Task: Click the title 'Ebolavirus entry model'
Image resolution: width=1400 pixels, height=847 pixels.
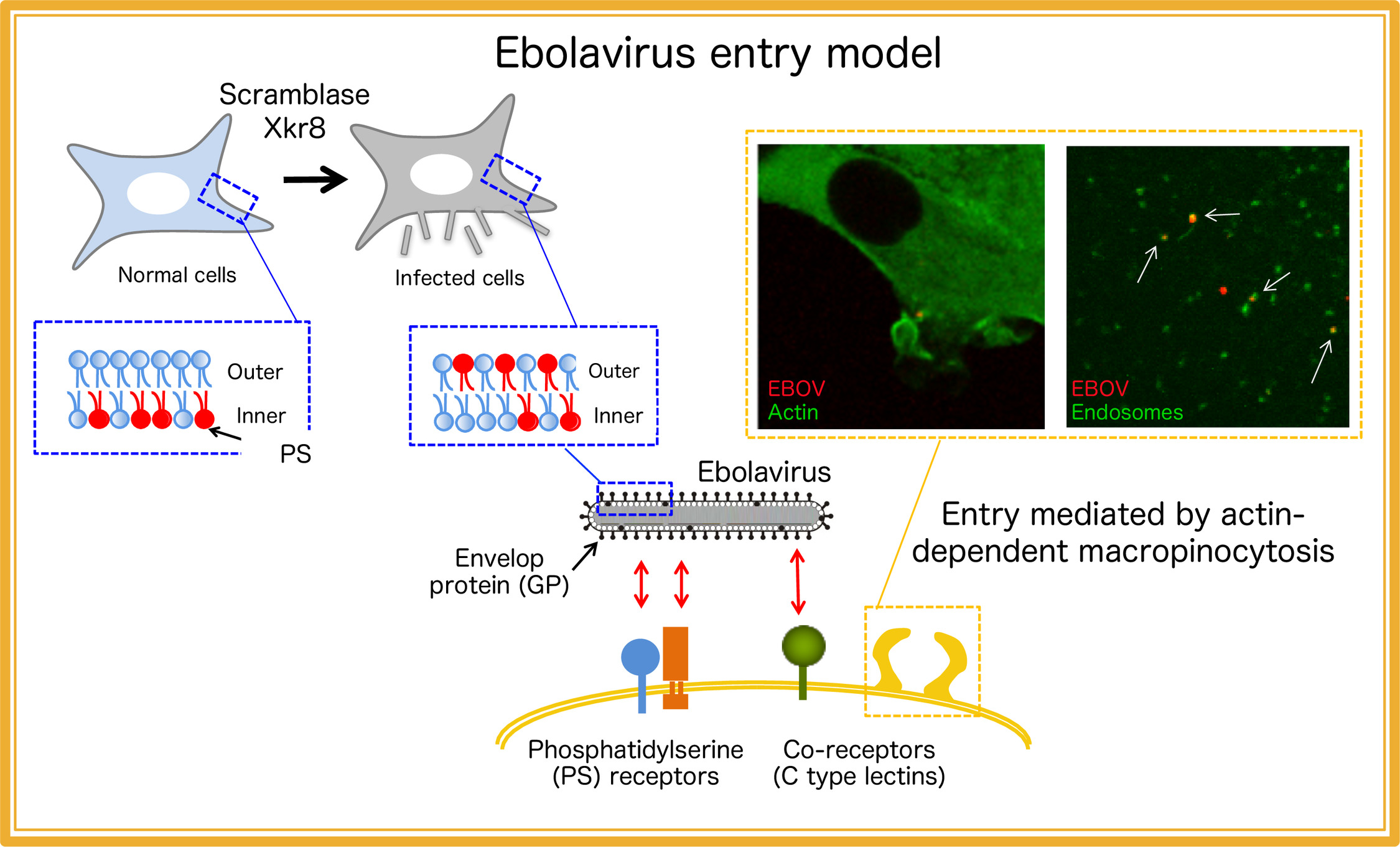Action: click(718, 53)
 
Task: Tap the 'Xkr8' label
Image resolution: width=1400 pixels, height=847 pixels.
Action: click(294, 128)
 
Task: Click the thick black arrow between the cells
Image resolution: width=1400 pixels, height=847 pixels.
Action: click(315, 179)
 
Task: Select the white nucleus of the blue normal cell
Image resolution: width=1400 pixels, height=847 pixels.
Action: click(158, 193)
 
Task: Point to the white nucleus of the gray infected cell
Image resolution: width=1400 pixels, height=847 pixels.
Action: click(441, 174)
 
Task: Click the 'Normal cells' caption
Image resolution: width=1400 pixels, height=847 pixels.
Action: click(177, 275)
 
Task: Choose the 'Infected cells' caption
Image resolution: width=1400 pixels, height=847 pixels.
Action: click(460, 278)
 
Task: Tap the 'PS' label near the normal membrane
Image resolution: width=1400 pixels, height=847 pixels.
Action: click(296, 454)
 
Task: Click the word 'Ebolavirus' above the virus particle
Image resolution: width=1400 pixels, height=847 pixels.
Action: click(764, 472)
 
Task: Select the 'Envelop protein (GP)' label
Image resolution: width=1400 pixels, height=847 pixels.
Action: click(500, 572)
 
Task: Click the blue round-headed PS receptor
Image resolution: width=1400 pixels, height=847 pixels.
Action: click(641, 674)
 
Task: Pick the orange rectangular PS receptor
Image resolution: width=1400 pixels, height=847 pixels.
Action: click(676, 668)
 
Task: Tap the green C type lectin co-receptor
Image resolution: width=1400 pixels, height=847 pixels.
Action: click(803, 662)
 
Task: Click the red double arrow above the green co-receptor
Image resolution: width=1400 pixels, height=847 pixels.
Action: click(798, 581)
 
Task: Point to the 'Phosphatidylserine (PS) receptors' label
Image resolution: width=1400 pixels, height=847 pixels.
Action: click(635, 763)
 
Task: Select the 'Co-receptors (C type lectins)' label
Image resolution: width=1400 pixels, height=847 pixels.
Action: click(859, 763)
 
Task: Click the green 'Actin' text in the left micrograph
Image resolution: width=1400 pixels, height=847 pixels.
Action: click(793, 412)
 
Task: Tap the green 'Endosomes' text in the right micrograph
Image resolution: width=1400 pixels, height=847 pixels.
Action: click(1127, 412)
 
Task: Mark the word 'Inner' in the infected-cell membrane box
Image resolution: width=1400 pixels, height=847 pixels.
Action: click(618, 415)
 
